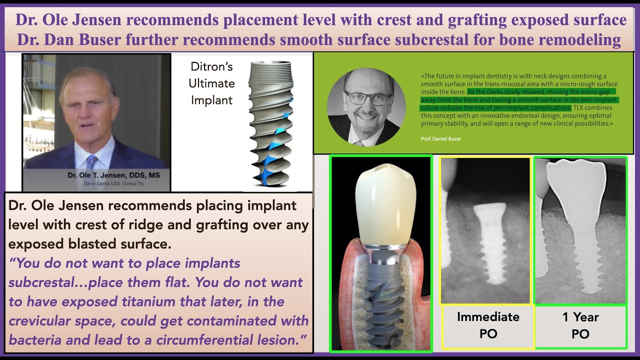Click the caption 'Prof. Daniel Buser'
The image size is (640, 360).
tap(441, 138)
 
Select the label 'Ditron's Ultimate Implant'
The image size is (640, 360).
tap(211, 83)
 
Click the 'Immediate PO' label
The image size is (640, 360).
tap(488, 325)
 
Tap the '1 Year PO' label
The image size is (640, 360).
tap(580, 325)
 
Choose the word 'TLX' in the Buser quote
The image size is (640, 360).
tap(579, 108)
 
